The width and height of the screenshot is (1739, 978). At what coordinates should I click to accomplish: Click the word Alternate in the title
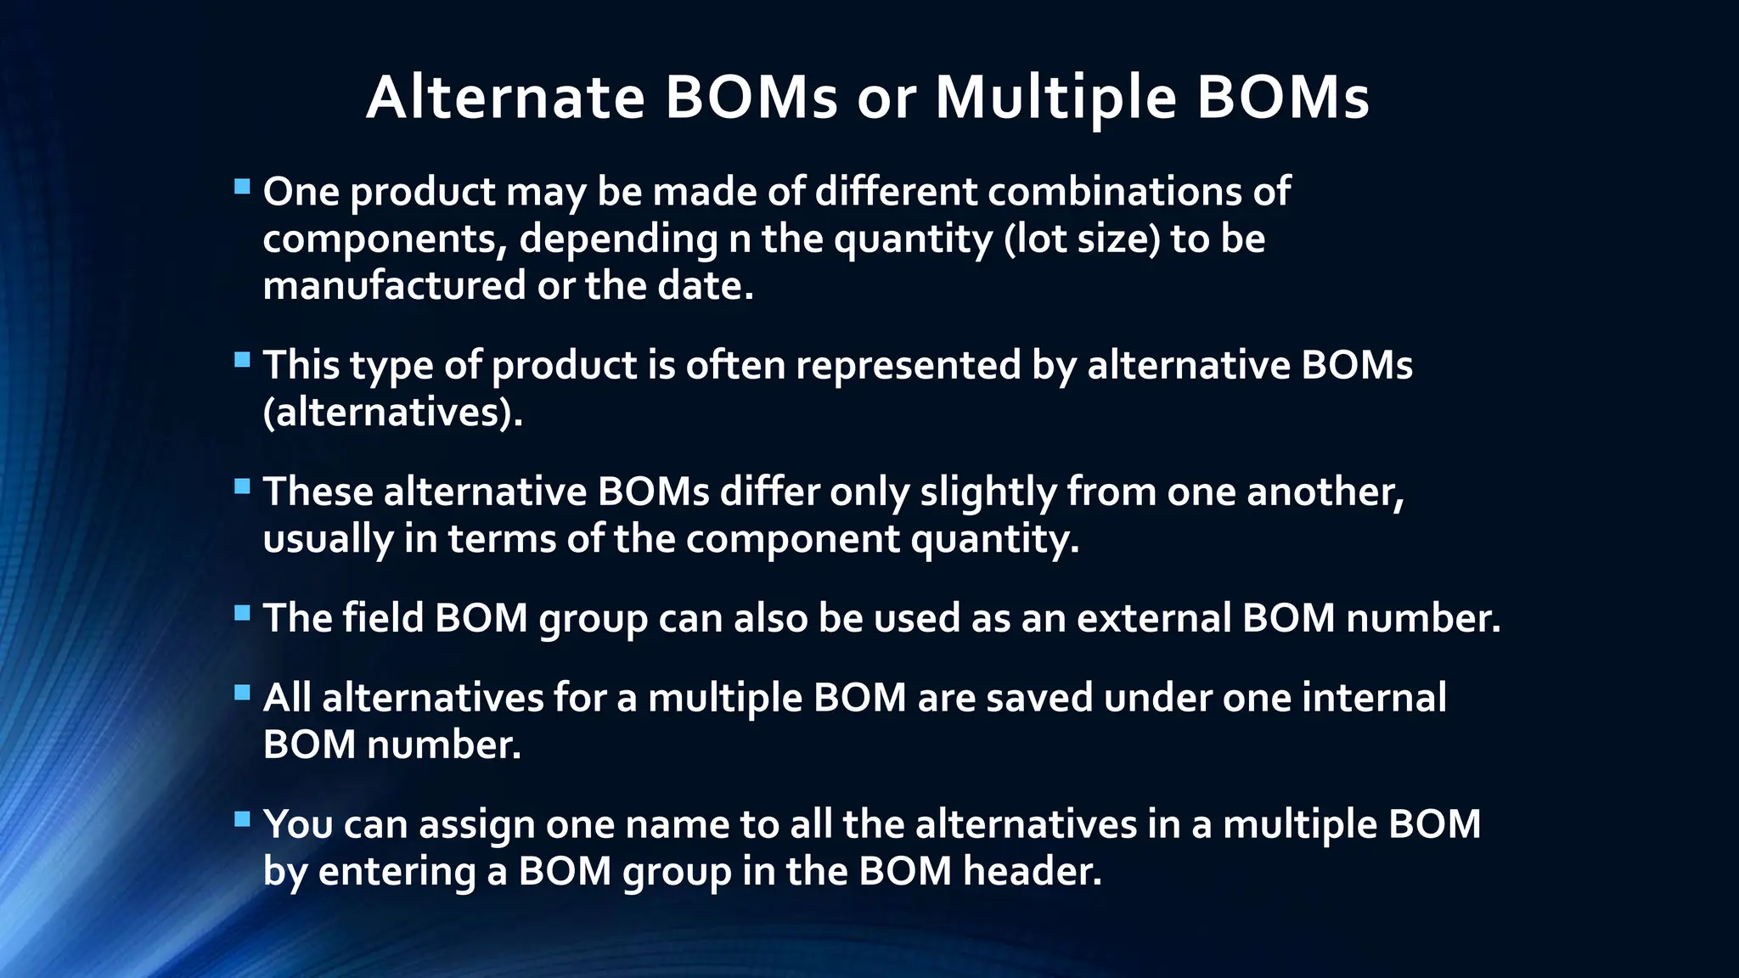pyautogui.click(x=506, y=98)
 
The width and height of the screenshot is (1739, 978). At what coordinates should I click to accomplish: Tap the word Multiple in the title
pyautogui.click(x=1055, y=98)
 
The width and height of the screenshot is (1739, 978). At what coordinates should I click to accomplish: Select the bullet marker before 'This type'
pyautogui.click(x=242, y=360)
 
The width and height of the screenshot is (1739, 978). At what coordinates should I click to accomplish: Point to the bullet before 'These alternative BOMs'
pyautogui.click(x=242, y=486)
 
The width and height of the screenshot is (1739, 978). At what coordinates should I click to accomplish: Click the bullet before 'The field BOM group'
pyautogui.click(x=242, y=613)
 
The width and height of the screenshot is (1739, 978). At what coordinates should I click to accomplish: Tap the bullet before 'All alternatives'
pyautogui.click(x=242, y=693)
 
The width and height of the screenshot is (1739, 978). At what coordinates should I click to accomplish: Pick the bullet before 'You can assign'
pyautogui.click(x=242, y=819)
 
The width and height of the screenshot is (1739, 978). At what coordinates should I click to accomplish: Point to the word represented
pyautogui.click(x=909, y=366)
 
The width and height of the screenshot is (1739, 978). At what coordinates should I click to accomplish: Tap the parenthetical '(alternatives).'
pyautogui.click(x=393, y=413)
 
